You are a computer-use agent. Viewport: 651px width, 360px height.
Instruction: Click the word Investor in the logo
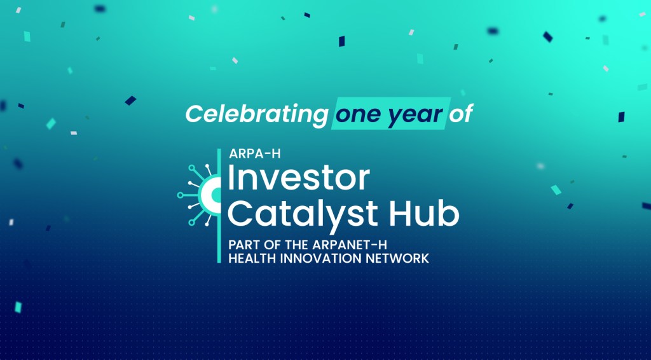click(x=298, y=179)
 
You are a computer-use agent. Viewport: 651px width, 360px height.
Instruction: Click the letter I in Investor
click(x=232, y=179)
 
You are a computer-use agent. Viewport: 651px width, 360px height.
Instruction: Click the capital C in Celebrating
click(x=195, y=114)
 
